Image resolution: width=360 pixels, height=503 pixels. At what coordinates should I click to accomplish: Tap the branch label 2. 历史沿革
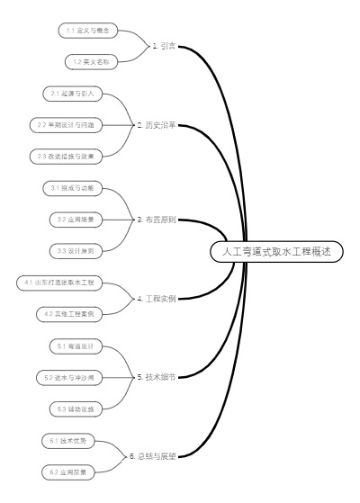click(156, 124)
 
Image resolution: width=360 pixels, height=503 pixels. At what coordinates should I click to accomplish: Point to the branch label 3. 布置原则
click(156, 219)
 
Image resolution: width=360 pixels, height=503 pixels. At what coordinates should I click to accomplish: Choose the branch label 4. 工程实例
click(156, 298)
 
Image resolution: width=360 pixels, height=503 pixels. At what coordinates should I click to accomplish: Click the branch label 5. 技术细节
click(156, 376)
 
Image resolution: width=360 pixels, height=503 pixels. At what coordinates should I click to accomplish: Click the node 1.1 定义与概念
click(90, 30)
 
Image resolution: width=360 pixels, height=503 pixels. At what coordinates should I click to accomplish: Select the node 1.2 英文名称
click(90, 61)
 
